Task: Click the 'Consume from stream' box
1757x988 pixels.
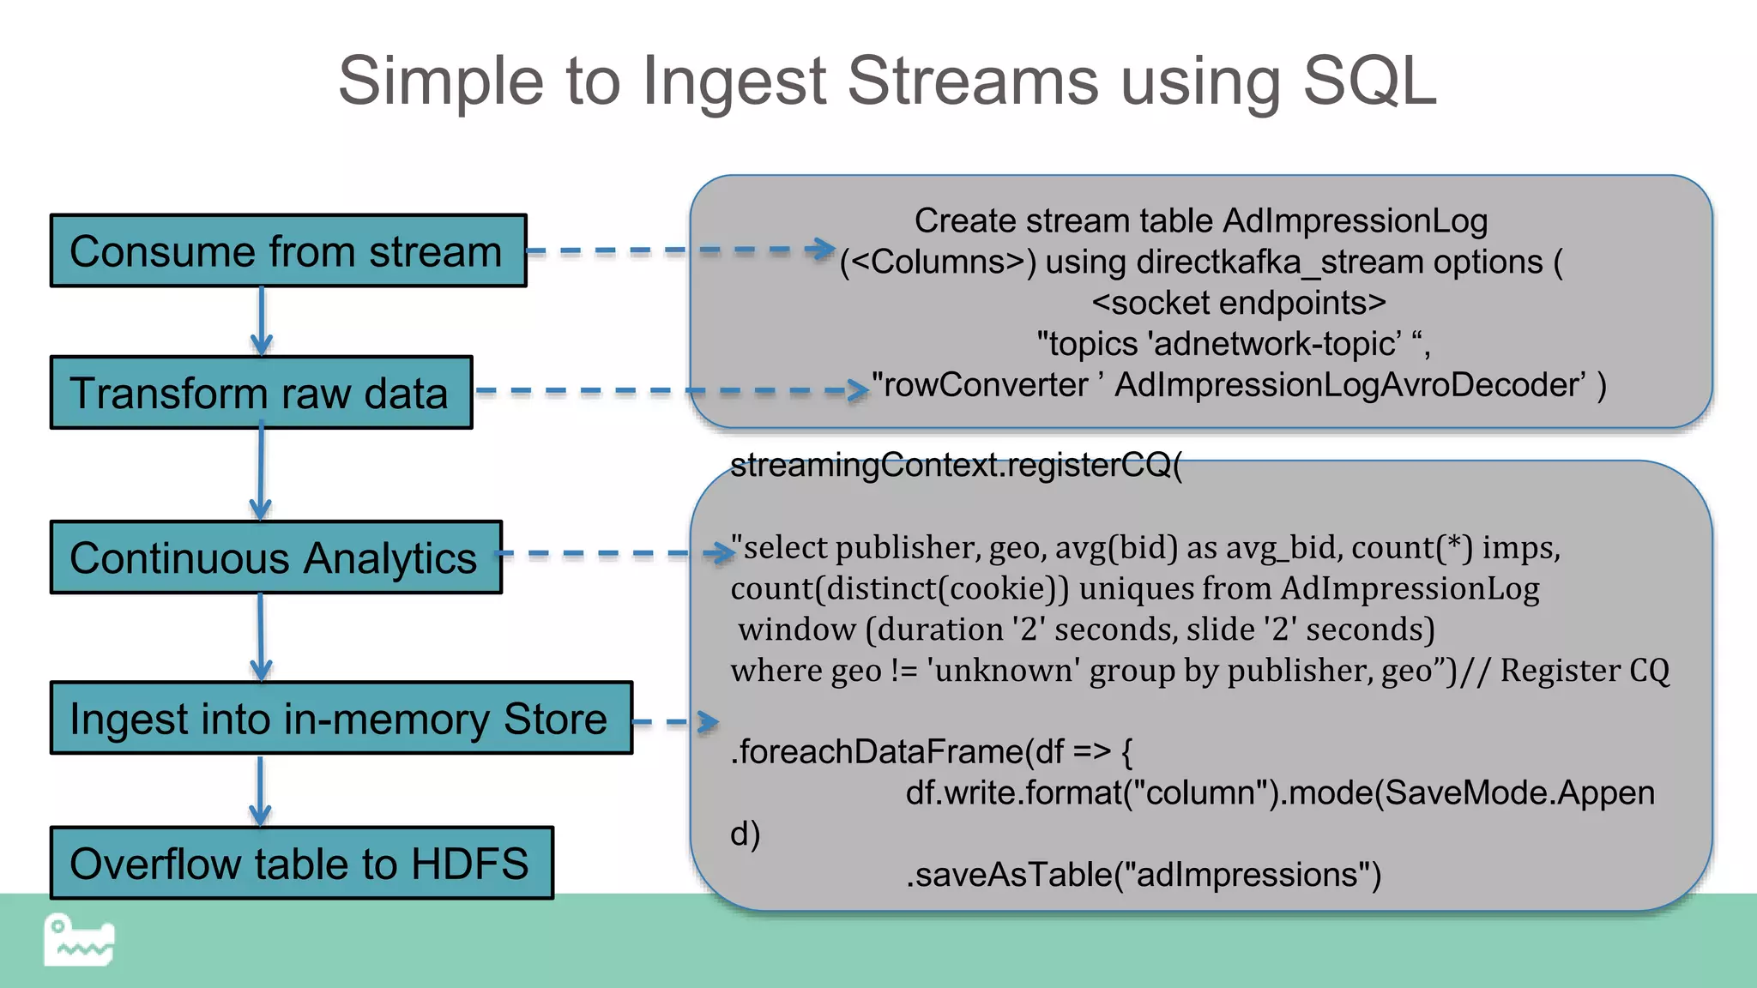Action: tap(288, 250)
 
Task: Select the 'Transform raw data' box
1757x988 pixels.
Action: tap(261, 393)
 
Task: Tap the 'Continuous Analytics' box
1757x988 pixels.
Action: tap(275, 557)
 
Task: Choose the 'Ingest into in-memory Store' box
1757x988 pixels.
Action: tap(341, 719)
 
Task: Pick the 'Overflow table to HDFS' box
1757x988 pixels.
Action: tap(301, 863)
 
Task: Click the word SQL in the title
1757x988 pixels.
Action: tap(1369, 81)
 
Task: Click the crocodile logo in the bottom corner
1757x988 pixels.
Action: tap(79, 941)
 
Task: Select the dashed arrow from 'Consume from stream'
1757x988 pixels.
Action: tap(678, 250)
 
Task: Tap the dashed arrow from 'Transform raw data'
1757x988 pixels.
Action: tap(669, 390)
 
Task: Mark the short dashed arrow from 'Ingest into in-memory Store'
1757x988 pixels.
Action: tap(673, 722)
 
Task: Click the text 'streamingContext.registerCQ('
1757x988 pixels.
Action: tap(956, 466)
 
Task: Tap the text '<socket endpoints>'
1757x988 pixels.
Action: tap(1238, 303)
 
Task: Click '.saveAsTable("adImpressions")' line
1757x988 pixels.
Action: tap(1144, 875)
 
